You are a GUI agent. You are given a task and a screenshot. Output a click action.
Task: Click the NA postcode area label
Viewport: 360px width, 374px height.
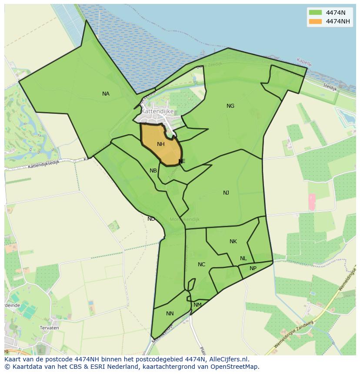(x=106, y=94)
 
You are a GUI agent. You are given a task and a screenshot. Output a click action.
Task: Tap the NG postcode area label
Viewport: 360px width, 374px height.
(x=230, y=106)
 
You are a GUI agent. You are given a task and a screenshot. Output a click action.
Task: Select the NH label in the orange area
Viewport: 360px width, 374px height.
(x=161, y=144)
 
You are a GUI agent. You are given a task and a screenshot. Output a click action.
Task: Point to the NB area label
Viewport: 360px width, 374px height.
(x=153, y=171)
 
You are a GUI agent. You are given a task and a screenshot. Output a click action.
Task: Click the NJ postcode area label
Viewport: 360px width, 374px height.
(x=226, y=193)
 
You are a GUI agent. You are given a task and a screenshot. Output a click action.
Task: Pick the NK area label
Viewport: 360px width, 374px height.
(x=233, y=242)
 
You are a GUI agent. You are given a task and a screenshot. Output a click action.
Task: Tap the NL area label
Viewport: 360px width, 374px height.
(x=243, y=258)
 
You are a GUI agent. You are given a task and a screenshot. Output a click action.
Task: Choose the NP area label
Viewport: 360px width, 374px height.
(x=253, y=268)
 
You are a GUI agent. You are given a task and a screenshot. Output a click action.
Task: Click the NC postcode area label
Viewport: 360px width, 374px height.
(x=201, y=265)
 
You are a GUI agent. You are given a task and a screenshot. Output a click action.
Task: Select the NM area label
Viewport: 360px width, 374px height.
(x=197, y=305)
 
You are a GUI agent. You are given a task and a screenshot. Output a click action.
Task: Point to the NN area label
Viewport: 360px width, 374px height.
(x=170, y=314)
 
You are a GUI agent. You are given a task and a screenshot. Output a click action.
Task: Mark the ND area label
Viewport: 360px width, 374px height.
(x=151, y=219)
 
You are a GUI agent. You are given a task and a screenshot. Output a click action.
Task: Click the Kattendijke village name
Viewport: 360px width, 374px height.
(x=157, y=111)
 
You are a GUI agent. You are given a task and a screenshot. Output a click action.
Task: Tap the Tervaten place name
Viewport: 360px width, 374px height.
(x=49, y=328)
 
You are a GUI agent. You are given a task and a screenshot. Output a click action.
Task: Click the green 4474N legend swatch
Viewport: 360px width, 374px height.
(x=315, y=13)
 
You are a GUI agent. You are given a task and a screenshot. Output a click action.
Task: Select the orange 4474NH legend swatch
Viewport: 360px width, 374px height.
(x=315, y=21)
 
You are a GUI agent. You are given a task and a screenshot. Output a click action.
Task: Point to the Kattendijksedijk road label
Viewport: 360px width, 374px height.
(x=43, y=164)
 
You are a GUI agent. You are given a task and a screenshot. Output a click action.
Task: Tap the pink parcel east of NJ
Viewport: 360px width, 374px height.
(x=312, y=201)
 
